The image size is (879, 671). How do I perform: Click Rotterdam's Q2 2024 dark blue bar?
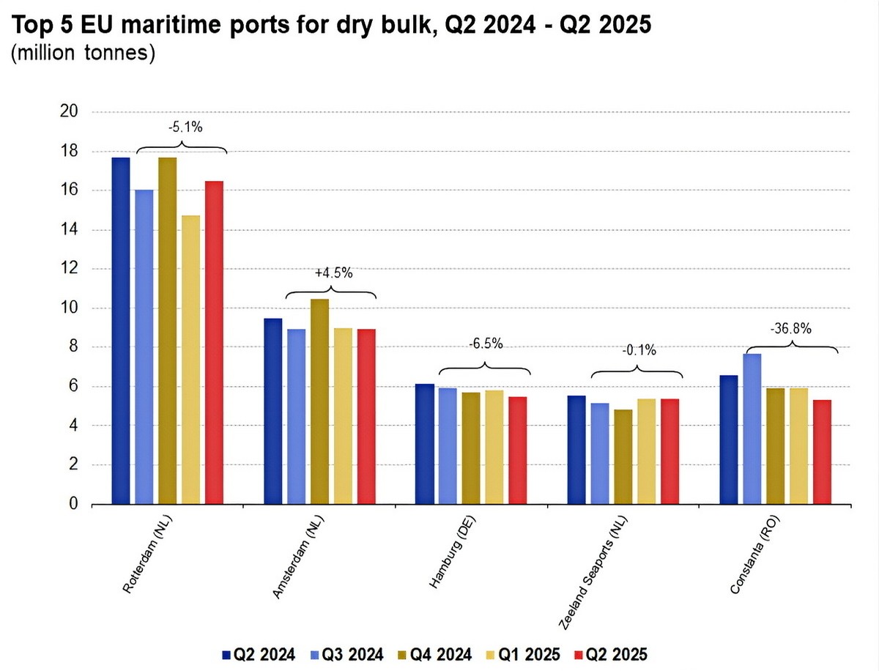tap(121, 330)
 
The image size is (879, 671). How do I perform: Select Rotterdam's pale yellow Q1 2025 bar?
tap(190, 360)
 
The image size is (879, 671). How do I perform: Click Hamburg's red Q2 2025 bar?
tap(517, 451)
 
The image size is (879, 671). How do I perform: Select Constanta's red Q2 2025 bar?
tap(821, 452)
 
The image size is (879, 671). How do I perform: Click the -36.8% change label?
tap(791, 329)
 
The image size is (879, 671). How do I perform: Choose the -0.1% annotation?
tap(635, 350)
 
